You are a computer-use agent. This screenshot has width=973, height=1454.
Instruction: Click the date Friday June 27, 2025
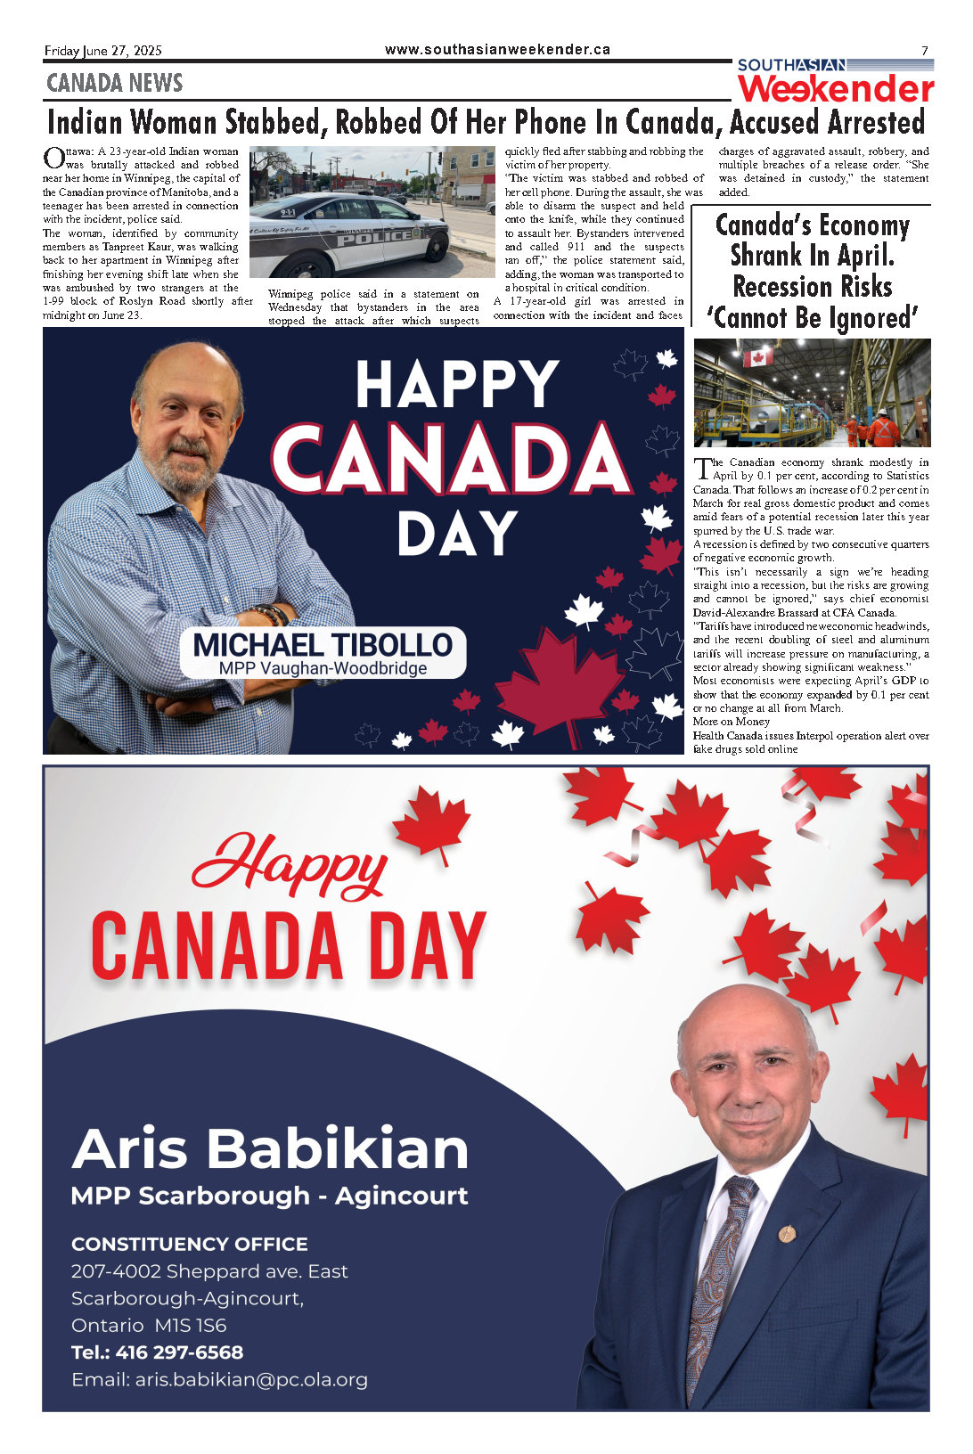pos(103,51)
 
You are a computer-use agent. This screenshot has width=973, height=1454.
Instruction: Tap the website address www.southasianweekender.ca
pos(497,50)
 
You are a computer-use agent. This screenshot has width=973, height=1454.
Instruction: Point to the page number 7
pos(924,51)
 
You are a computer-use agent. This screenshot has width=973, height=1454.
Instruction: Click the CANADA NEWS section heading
pos(114,83)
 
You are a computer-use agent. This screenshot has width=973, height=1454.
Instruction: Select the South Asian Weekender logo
pos(835,81)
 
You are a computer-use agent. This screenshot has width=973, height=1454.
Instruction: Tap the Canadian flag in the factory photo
pos(758,357)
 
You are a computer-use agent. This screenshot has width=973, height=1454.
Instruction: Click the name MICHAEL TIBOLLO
pos(323,645)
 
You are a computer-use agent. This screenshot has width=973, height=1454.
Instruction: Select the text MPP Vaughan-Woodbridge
pos(323,668)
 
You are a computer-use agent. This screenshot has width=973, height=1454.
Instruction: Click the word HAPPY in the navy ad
pos(457,385)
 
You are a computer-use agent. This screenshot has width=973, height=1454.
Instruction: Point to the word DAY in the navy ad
pos(457,535)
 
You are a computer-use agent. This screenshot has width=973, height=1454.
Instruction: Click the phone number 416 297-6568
pos(179,1352)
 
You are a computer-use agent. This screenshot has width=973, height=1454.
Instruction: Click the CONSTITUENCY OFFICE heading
pos(189,1244)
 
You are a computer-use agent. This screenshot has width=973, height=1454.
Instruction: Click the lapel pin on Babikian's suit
pos(786,1233)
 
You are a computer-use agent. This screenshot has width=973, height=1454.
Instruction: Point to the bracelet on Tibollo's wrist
pos(271,614)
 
